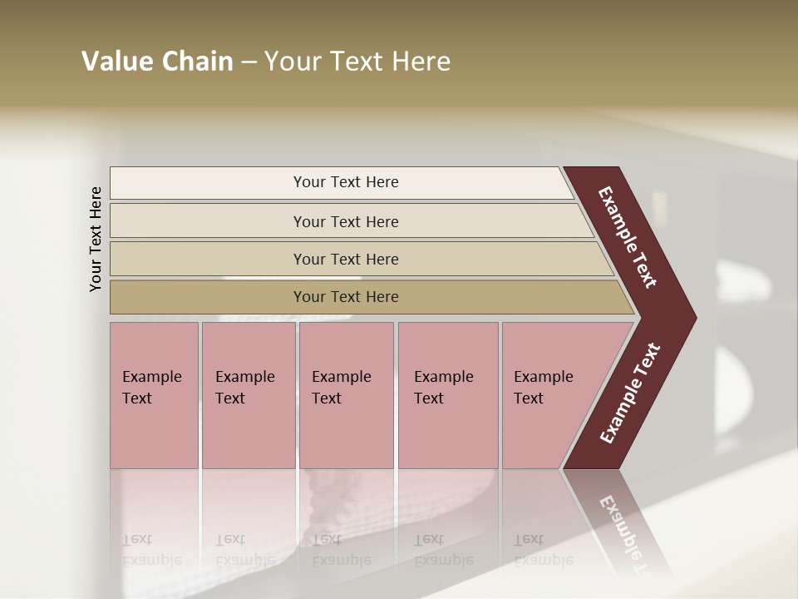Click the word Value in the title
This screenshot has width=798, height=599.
116,62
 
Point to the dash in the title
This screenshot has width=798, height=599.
249,62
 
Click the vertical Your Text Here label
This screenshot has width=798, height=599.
96,239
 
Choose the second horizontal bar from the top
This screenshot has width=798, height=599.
345,221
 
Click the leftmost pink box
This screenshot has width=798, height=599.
154,395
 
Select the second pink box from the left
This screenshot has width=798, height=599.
249,395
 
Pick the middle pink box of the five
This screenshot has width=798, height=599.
346,395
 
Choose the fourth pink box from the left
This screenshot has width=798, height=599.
448,395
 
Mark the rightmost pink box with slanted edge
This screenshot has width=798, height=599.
553,395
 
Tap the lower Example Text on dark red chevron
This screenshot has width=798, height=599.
629,394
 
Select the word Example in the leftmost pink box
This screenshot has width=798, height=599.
151,377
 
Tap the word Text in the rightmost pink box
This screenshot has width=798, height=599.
529,399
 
